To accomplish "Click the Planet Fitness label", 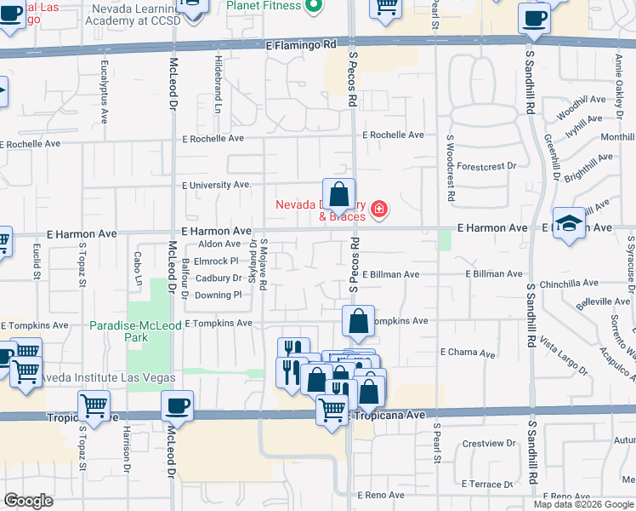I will point(264,6).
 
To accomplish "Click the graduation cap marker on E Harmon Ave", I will point(569,224).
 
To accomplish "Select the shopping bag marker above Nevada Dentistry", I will point(338,195).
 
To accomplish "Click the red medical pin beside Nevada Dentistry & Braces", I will point(378,209).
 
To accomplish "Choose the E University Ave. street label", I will point(217,185).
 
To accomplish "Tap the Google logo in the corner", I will point(29,501).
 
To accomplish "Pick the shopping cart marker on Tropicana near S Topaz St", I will point(93,406).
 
